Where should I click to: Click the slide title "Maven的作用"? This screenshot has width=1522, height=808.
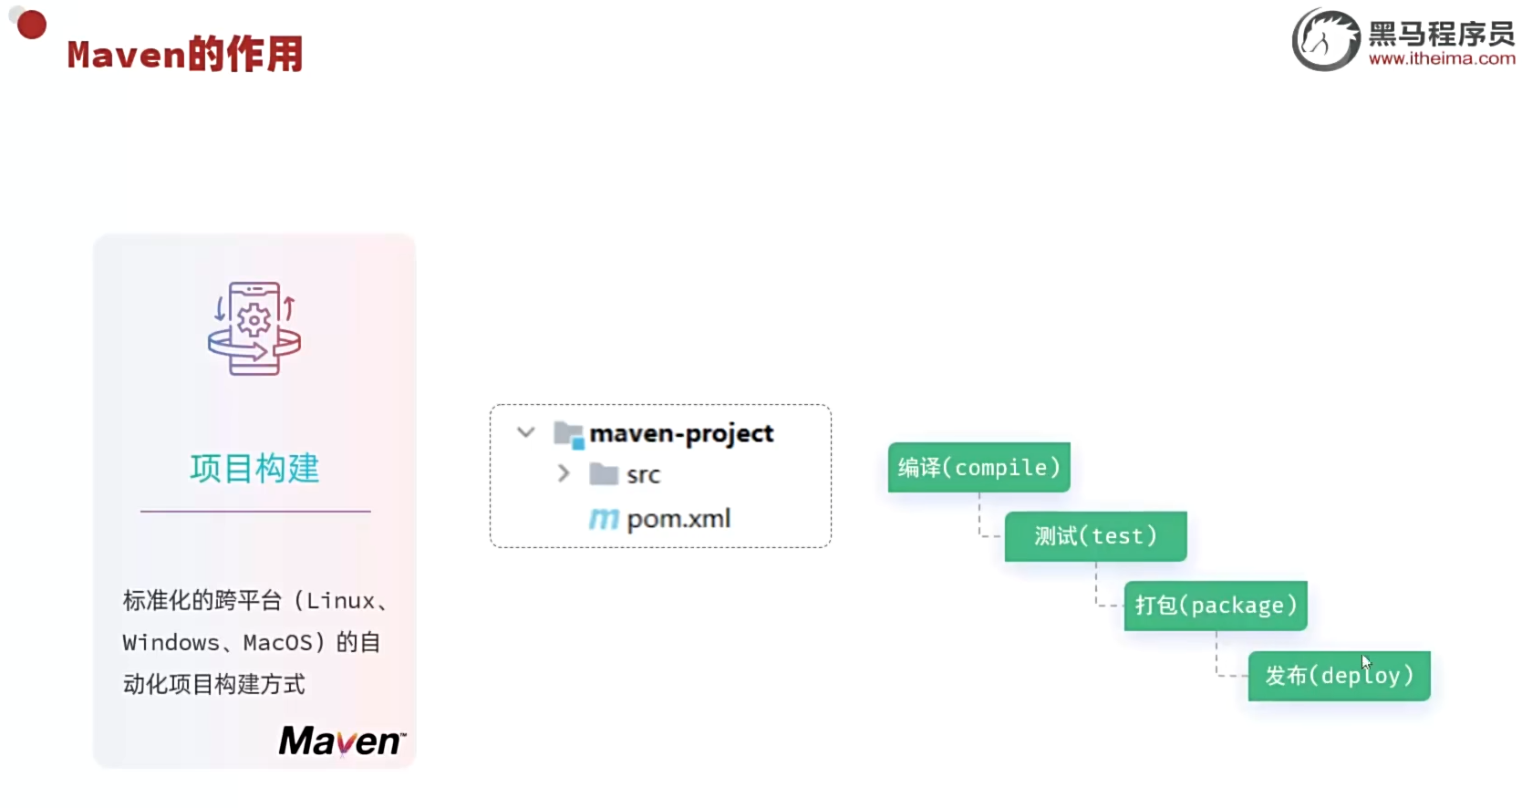[184, 55]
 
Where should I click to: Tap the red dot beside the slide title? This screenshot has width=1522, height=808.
[32, 25]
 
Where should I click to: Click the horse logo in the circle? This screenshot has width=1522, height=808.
[1324, 39]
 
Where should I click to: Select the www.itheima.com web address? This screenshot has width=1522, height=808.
[1441, 59]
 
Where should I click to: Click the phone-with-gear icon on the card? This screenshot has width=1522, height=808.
[254, 328]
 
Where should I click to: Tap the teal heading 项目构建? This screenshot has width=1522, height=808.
[254, 469]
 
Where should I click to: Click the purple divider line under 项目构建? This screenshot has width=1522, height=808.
[255, 512]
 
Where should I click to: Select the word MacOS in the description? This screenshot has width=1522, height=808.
[278, 643]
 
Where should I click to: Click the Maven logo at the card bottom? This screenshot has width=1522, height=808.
[341, 741]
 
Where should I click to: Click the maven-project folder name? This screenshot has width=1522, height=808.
[681, 433]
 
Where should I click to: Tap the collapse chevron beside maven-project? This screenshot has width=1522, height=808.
[526, 432]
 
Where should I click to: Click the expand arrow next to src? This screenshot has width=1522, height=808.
[564, 473]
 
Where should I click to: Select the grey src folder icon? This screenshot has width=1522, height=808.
[604, 474]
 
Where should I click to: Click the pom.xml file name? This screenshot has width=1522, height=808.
[678, 519]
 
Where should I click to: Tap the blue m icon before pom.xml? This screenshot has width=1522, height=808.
[604, 520]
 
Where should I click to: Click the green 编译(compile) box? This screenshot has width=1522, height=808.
[978, 468]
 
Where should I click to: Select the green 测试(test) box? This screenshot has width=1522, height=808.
[1095, 536]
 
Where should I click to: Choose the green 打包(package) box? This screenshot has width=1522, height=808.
[1216, 606]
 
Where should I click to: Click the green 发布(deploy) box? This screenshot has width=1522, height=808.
[1339, 676]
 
